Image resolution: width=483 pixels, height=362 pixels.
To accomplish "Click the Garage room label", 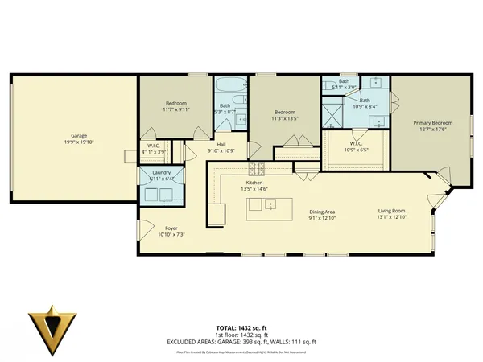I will coord(78,136).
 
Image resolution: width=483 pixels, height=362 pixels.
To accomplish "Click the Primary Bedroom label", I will coord(433,123).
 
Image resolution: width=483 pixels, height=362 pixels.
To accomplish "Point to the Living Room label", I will coord(393,212).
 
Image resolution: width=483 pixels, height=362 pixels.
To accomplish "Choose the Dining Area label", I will coord(322,212).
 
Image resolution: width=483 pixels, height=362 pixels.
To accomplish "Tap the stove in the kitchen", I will coord(256,169).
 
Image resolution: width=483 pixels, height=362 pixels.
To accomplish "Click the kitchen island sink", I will coord(270,205).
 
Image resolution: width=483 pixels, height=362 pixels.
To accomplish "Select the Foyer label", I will coord(171,228).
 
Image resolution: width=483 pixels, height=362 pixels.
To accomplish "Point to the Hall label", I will coord(220,145).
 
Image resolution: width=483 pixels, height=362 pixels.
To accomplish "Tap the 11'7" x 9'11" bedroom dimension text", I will coord(176,109).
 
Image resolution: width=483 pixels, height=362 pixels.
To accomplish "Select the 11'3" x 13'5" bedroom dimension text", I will coord(284,118).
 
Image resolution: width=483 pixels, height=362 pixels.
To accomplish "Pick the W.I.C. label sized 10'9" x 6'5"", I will coord(355,146).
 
